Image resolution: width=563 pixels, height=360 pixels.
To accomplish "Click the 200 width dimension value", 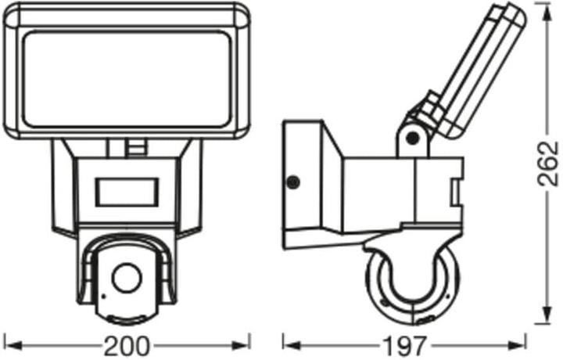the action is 126,346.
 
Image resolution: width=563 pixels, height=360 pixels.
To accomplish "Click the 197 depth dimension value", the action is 405,346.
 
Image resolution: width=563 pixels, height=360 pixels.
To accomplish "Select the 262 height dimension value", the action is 548,164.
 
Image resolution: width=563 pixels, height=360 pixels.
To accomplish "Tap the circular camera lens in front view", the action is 127,278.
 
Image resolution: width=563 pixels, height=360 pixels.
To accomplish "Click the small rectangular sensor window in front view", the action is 127,193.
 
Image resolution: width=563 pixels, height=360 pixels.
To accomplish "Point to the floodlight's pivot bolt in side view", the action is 414,136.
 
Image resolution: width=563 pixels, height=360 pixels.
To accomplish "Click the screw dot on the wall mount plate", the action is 293,182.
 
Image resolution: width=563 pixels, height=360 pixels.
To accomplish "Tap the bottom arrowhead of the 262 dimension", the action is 547,316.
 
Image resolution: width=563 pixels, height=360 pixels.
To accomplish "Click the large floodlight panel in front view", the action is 127,79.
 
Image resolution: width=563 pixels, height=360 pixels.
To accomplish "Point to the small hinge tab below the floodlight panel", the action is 137,148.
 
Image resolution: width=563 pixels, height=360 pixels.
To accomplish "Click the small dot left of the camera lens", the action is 104,296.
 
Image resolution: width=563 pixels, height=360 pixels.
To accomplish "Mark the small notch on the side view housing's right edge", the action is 457,193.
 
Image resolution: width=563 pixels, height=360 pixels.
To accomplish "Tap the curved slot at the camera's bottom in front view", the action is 127,319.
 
